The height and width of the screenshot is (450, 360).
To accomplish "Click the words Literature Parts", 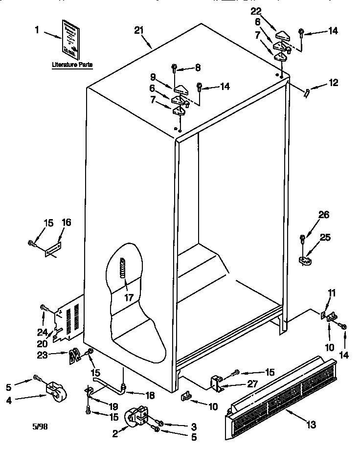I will point(72,65).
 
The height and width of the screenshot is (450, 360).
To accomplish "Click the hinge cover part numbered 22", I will point(283,35).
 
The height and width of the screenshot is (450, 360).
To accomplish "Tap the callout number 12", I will point(333,83).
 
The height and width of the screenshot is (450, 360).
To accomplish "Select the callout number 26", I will point(324,214).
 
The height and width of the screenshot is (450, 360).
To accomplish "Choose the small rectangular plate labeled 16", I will point(52,249).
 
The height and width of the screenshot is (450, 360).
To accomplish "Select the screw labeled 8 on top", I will point(174,68).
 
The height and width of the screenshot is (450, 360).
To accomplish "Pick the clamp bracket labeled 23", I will point(74,356).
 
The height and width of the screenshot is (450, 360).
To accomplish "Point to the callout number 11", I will point(332,293).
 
